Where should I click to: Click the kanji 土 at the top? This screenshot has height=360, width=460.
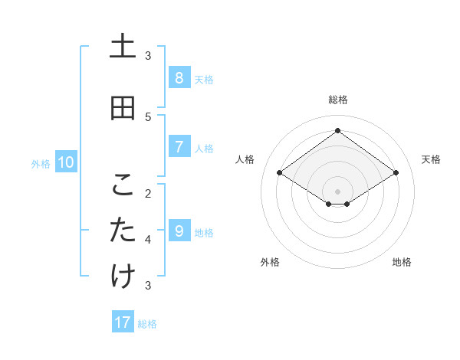123,47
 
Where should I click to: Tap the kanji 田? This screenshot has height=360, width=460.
123,109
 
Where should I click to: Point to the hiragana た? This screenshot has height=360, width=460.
123,231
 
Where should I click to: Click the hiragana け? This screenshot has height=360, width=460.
123,277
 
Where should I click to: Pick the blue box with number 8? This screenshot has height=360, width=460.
179,77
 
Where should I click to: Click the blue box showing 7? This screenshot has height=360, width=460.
179,147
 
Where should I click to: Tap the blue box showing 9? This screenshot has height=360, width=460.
179,231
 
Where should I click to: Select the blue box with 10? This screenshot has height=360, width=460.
66,162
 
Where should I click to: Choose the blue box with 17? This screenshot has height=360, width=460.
123,322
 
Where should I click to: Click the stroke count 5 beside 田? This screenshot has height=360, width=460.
148,116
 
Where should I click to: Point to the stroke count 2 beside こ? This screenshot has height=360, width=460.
148,193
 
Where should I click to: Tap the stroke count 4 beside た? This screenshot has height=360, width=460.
148,240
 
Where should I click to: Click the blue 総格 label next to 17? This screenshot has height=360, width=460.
147,324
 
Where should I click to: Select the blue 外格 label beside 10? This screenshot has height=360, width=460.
41,164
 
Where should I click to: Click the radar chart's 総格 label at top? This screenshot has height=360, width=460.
337,100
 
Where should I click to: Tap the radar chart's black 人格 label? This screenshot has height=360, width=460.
245,159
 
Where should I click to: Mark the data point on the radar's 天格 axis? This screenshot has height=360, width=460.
396,173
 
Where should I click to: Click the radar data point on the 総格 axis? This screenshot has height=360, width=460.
337,131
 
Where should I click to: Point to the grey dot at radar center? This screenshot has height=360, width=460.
337,191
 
